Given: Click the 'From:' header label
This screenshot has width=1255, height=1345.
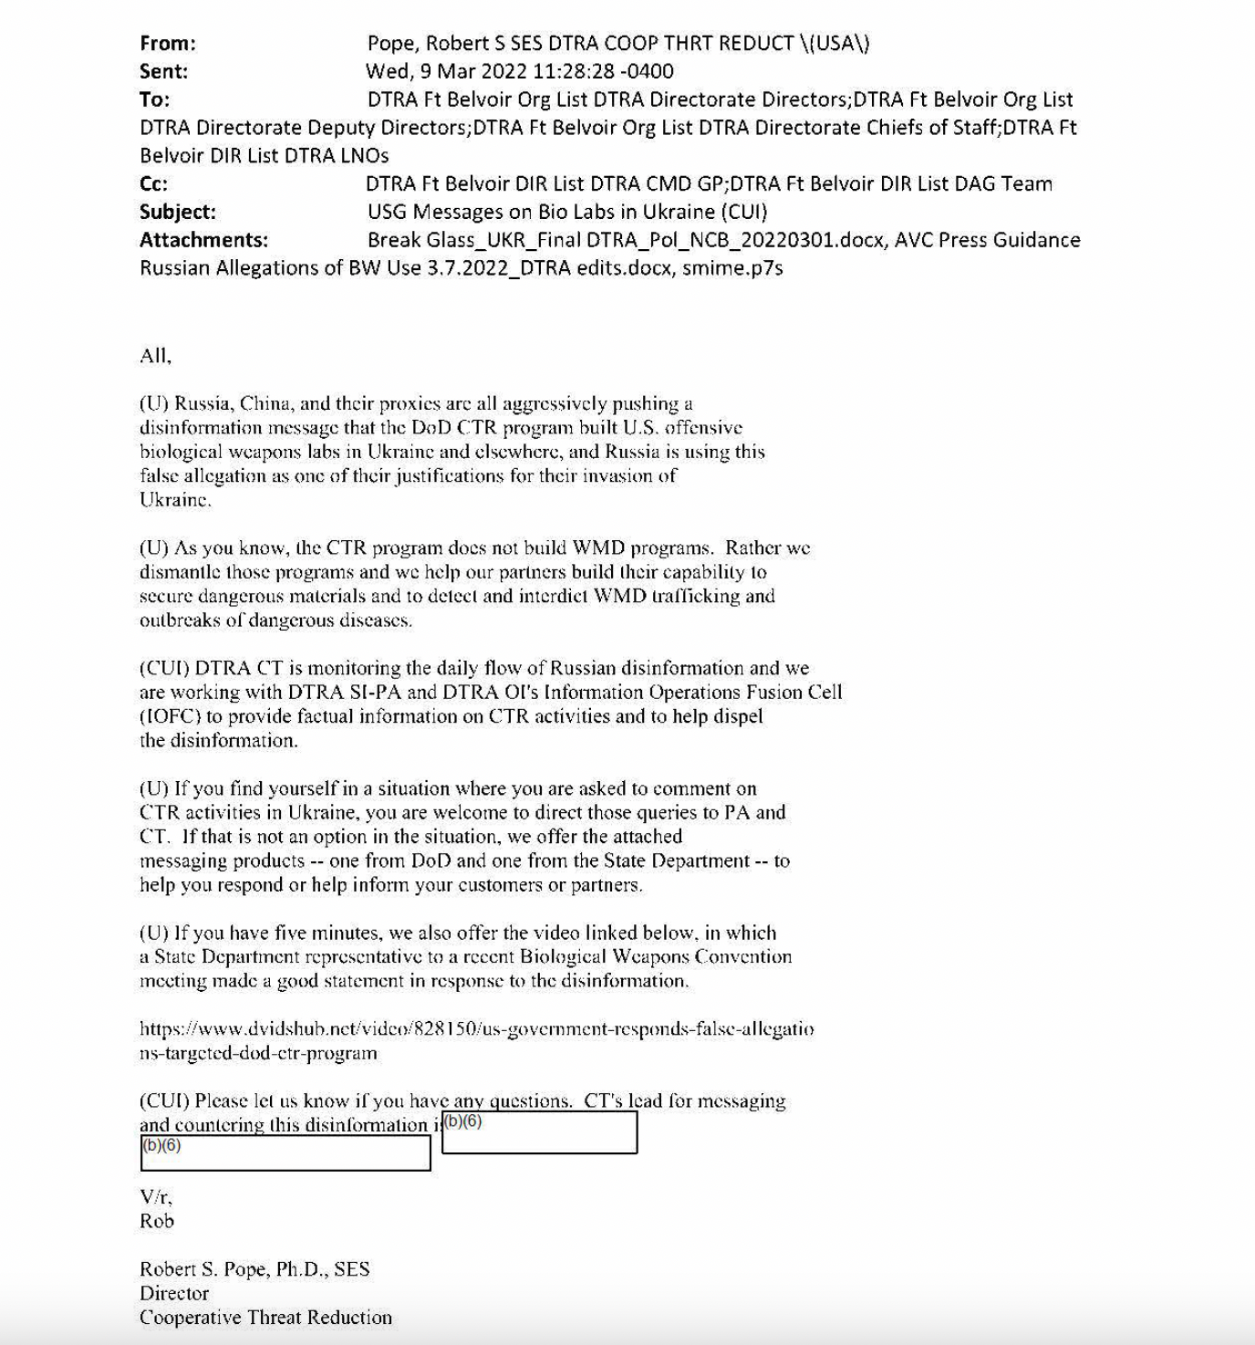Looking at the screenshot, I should pyautogui.click(x=168, y=43).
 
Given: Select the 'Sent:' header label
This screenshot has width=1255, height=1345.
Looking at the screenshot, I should pyautogui.click(x=164, y=71).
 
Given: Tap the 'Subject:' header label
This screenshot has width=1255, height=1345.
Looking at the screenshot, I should pyautogui.click(x=178, y=212).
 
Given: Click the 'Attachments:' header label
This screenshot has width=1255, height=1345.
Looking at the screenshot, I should pyautogui.click(x=203, y=240).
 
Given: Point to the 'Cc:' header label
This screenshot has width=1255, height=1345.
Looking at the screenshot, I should pyautogui.click(x=153, y=183).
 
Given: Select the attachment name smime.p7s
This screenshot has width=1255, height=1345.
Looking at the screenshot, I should pyautogui.click(x=732, y=268).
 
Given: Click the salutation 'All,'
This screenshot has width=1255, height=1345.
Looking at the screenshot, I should pyautogui.click(x=155, y=356).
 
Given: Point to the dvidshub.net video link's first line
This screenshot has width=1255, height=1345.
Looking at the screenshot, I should pyautogui.click(x=476, y=1029).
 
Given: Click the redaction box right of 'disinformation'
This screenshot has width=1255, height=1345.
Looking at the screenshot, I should pyautogui.click(x=539, y=1132).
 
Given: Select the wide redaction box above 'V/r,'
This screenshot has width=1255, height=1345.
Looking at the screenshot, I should pyautogui.click(x=285, y=1153).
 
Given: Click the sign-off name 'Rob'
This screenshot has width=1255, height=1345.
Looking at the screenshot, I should pyautogui.click(x=157, y=1221).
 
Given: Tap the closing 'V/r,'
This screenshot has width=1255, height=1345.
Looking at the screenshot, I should pyautogui.click(x=156, y=1197).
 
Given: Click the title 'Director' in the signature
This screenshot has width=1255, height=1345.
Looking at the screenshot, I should pyautogui.click(x=174, y=1293).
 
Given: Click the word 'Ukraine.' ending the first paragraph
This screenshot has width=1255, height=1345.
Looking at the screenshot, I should pyautogui.click(x=175, y=500).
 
